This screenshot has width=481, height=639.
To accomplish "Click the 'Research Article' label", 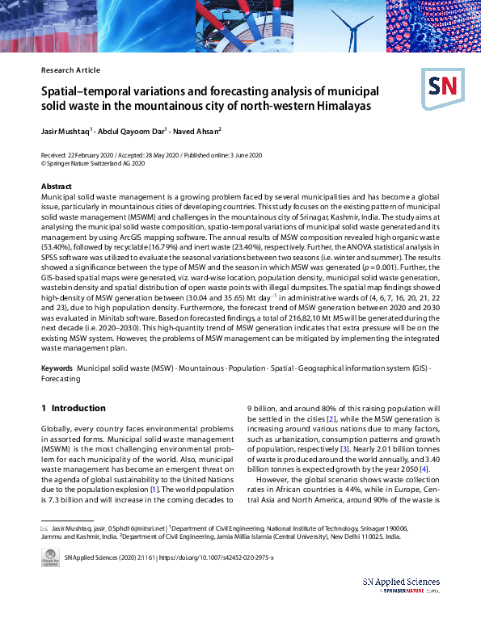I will pos(70,70).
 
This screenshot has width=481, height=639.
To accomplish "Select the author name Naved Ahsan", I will pos(200,130).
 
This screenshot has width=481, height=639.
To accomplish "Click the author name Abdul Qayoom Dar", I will pos(133,130).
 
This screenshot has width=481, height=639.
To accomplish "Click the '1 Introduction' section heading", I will pos(73,409).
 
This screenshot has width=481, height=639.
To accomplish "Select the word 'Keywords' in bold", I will pos(57,368).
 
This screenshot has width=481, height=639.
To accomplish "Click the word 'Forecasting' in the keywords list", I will pos(61,378).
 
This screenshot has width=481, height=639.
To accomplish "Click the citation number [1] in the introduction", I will pos(158,489).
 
